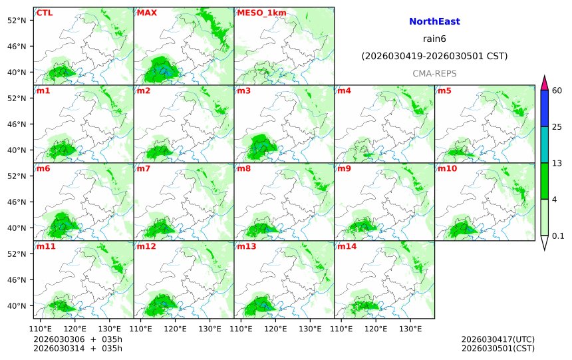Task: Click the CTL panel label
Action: click(45, 13)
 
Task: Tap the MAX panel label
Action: click(146, 13)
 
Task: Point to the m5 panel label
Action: click(444, 90)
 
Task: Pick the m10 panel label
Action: click(447, 168)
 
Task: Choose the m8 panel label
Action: click(244, 168)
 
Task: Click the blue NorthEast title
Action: click(434, 22)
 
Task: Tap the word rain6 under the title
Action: click(434, 39)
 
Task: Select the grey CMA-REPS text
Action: click(434, 73)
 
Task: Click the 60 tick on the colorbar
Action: click(557, 90)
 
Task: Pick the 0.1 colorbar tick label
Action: click(558, 236)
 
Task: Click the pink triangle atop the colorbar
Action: click(544, 83)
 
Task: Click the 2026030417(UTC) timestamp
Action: click(498, 339)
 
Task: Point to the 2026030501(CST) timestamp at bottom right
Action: click(498, 348)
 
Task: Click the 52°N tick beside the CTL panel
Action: click(21, 20)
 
